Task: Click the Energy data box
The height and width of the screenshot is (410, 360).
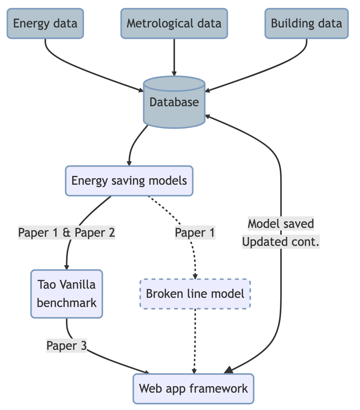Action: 45,24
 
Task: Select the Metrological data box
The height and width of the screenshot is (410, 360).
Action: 174,24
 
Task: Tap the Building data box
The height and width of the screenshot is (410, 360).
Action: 306,24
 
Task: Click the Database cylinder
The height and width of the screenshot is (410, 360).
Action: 174,102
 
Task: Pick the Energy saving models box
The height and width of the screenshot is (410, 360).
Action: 129,181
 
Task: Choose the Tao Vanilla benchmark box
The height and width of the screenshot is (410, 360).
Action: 67,294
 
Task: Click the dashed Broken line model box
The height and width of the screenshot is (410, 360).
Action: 195,294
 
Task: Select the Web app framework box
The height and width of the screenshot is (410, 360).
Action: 193,388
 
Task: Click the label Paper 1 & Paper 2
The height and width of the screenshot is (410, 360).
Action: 67,233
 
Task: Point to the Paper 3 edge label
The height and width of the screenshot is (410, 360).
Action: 67,346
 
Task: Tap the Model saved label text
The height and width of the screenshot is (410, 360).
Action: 281,224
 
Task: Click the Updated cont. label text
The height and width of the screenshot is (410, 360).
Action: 281,242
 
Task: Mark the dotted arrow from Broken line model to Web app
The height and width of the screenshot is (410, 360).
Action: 195,340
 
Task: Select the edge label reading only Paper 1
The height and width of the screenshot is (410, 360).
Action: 195,233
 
